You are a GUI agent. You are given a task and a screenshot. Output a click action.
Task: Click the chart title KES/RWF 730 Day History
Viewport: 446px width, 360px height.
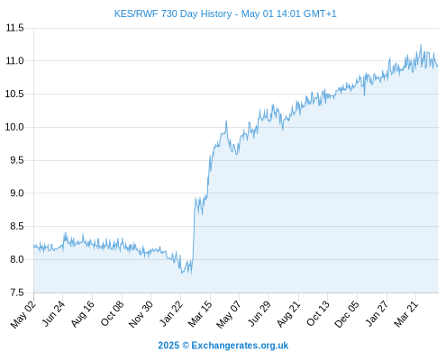click(x=173, y=13)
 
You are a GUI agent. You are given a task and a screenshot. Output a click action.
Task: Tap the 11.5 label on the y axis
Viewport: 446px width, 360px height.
click(x=14, y=28)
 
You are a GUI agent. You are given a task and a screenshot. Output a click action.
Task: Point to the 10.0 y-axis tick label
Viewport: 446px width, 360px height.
click(x=14, y=127)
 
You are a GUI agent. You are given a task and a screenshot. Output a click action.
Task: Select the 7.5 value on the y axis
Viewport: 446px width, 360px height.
click(x=17, y=292)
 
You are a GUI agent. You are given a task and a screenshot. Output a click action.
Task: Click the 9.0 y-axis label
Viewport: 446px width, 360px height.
click(x=17, y=193)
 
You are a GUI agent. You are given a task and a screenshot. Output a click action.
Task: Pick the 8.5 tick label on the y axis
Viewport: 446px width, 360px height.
click(x=17, y=226)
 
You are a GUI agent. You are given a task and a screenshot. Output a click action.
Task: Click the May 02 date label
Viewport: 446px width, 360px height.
click(x=23, y=314)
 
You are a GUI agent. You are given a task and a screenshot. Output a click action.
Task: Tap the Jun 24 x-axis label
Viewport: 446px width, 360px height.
click(x=53, y=313)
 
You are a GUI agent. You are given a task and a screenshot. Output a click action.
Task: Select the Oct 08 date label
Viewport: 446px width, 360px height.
click(x=112, y=313)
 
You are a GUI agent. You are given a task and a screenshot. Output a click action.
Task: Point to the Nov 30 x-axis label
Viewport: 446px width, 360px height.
click(x=141, y=314)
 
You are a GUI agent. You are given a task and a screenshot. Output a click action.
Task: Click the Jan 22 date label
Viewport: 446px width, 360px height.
click(x=171, y=313)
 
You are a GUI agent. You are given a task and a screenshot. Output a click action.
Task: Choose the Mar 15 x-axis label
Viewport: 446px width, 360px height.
click(x=200, y=314)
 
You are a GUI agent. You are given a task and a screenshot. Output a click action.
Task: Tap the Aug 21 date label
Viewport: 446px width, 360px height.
click(x=288, y=314)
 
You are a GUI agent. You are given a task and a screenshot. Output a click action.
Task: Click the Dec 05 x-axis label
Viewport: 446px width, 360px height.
click(x=347, y=314)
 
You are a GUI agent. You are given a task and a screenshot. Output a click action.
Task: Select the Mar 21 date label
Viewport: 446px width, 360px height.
click(x=406, y=314)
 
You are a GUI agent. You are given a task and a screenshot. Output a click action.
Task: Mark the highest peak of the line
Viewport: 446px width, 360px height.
click(x=421, y=45)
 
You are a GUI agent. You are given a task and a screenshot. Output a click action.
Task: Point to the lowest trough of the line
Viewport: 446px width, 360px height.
click(x=182, y=273)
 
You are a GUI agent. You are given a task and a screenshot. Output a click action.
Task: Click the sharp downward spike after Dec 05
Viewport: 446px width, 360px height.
click(x=364, y=95)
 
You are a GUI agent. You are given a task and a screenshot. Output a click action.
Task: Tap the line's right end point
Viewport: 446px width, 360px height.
click(x=438, y=66)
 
